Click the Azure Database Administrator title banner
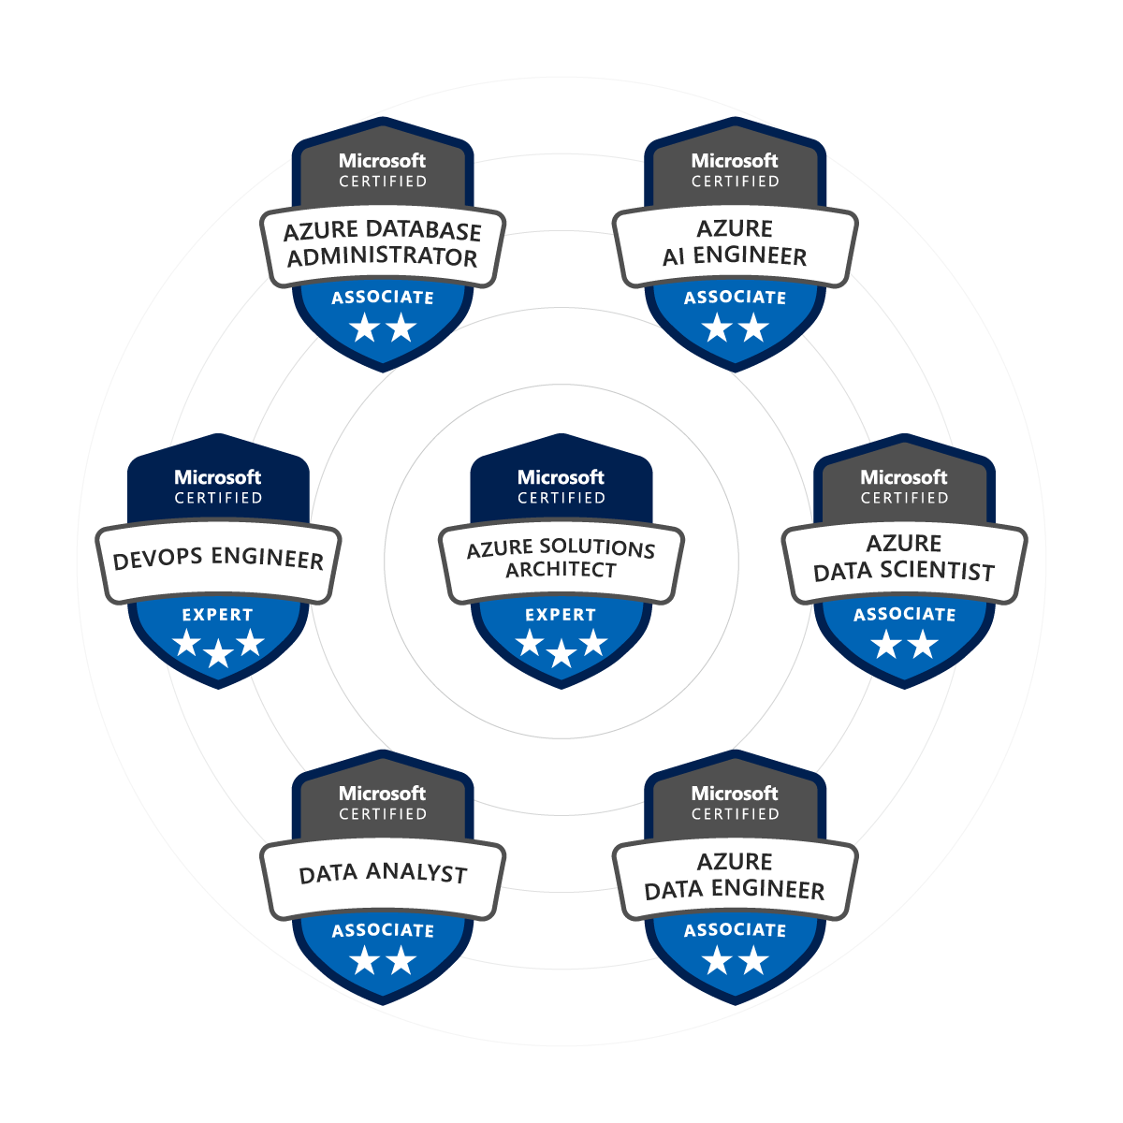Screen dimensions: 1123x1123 click(x=383, y=244)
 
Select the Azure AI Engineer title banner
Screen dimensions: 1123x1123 click(x=735, y=242)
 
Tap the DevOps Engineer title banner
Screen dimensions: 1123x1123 click(x=218, y=560)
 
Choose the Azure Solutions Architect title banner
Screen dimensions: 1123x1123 click(x=561, y=559)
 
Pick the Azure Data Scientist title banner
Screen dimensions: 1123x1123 click(x=904, y=558)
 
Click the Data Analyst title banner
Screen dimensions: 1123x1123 click(x=383, y=874)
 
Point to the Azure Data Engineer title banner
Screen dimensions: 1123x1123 click(x=735, y=876)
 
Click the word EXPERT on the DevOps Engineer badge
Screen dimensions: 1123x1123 click(x=218, y=615)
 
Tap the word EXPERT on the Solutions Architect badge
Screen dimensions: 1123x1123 click(x=561, y=615)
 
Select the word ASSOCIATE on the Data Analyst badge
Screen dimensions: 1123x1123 click(x=383, y=930)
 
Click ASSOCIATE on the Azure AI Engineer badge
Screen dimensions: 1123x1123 click(x=735, y=298)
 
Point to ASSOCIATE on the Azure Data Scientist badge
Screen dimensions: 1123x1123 click(x=904, y=615)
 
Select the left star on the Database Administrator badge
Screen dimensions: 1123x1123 click(x=364, y=328)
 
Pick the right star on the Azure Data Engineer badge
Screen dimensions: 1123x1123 click(x=753, y=961)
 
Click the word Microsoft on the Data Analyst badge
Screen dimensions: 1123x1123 click(x=383, y=794)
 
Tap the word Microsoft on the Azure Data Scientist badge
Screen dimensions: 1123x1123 click(x=904, y=477)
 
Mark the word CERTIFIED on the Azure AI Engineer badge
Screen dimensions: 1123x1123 click(x=735, y=182)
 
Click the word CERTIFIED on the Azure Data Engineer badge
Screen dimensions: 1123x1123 click(x=735, y=814)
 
